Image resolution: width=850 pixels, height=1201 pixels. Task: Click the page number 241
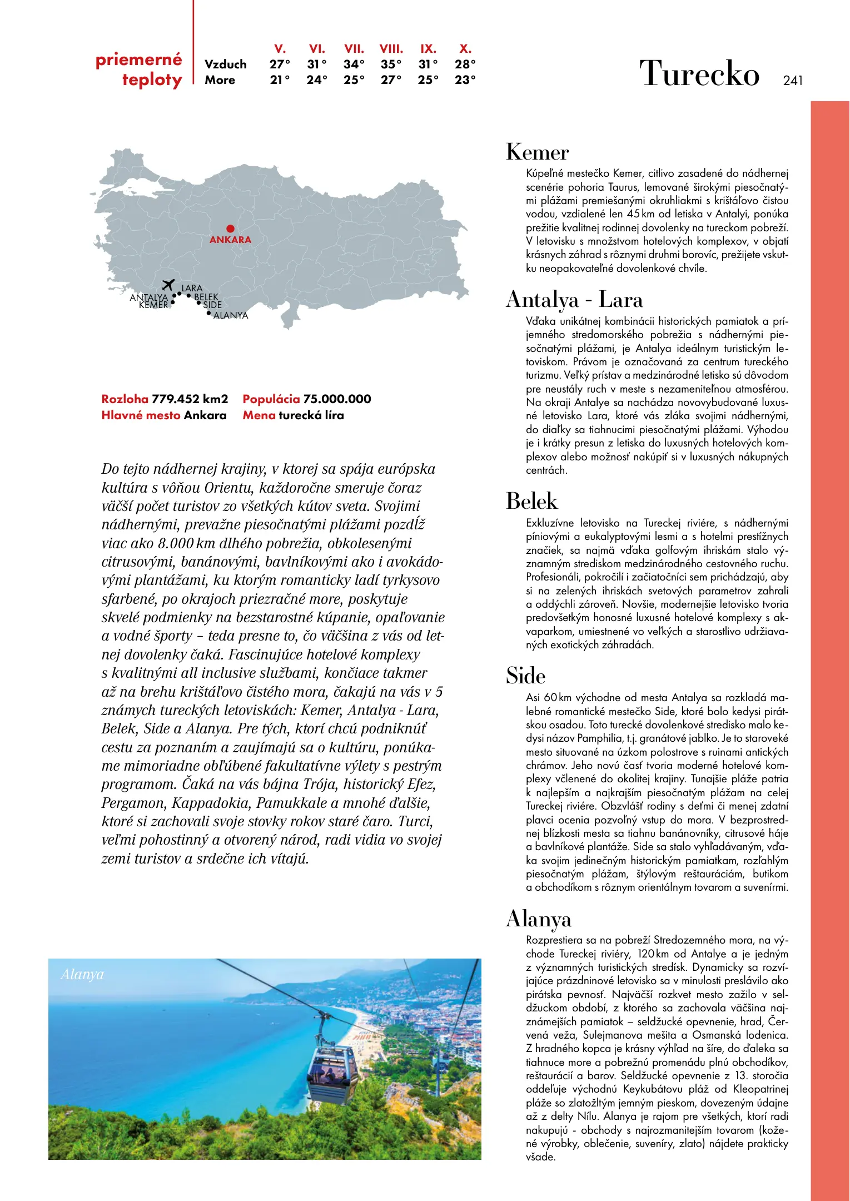(792, 81)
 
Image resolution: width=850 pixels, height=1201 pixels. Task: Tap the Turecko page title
(699, 73)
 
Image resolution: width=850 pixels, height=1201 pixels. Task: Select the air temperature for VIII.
(391, 64)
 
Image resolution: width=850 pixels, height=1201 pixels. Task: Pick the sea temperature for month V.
(280, 80)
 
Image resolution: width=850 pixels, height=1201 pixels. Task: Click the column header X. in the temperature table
(465, 49)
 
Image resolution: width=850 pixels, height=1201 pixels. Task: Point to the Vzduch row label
(225, 64)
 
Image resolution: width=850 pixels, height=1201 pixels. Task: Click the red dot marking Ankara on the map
(230, 229)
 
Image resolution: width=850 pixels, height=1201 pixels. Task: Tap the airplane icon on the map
(168, 285)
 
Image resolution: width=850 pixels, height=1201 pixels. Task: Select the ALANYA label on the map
(231, 315)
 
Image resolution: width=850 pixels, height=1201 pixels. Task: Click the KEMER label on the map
(153, 305)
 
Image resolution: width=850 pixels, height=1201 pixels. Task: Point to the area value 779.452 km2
(190, 399)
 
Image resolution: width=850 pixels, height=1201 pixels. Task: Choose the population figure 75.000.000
(337, 399)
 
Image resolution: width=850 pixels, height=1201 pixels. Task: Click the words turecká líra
(311, 415)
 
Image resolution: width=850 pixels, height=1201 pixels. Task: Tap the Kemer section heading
(537, 152)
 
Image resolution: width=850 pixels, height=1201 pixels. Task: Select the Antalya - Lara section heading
(574, 300)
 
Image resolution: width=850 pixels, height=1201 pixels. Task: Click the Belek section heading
(531, 502)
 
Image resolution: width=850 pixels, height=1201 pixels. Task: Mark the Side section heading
(525, 676)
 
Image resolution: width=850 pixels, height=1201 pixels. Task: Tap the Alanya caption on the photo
(82, 975)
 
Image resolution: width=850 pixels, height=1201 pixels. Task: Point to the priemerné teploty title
(139, 70)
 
